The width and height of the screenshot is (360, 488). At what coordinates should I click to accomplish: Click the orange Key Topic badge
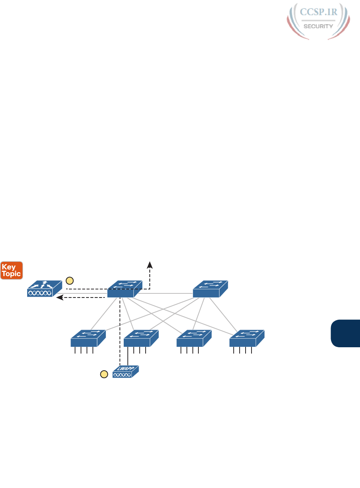pos(12,270)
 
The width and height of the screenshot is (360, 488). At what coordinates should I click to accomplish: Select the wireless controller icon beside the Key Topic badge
pos(45,289)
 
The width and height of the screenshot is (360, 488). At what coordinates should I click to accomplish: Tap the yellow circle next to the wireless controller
pos(69,281)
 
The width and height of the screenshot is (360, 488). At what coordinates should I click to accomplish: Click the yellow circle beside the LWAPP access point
pos(104,374)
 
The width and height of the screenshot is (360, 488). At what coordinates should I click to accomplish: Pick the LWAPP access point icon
pos(126,372)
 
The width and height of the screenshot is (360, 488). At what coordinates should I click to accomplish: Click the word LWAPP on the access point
pos(125,368)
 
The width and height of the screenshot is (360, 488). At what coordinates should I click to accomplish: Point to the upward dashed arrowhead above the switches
pos(150,264)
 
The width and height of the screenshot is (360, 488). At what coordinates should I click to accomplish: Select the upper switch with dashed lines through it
pos(124,289)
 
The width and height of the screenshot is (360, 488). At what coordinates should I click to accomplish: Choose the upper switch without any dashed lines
pos(210,289)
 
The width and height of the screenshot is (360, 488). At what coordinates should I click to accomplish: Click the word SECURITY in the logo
pos(318,26)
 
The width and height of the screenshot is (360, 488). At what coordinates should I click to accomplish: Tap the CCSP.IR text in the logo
pos(318,12)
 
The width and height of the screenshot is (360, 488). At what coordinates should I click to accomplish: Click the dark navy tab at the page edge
pos(346,333)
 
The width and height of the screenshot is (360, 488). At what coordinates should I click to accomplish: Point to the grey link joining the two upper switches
pos(167,293)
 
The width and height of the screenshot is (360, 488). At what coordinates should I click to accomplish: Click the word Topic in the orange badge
pos(12,274)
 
